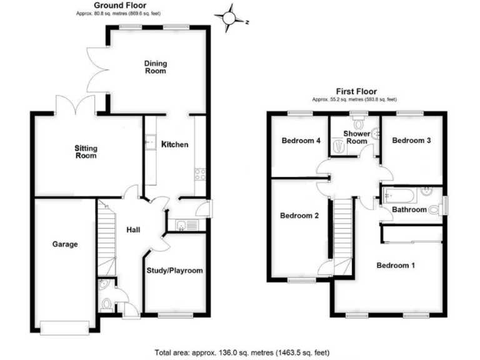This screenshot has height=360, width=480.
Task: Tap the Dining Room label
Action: [x=155, y=67]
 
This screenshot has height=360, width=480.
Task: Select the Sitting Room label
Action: [x=86, y=152]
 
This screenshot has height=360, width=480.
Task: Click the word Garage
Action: [x=64, y=244]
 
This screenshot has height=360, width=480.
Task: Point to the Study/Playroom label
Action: [x=174, y=271]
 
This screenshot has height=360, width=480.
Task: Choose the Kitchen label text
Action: [x=175, y=144]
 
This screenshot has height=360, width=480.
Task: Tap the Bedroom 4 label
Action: [x=301, y=141]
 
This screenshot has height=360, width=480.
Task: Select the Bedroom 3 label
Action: [x=411, y=141]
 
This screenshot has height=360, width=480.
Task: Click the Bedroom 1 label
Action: [x=396, y=265]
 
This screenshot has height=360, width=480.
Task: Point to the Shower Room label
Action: [x=357, y=137]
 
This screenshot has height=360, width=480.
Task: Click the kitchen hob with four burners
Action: [x=201, y=174]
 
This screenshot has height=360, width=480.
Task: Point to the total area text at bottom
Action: [x=240, y=352]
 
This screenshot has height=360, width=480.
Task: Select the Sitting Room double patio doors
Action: [x=75, y=105]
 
